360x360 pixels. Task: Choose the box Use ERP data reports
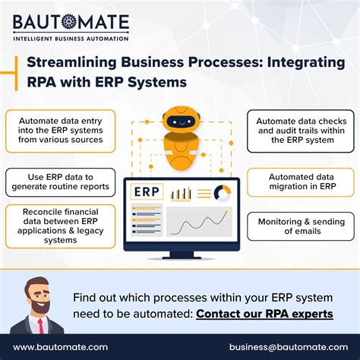[x=59, y=181]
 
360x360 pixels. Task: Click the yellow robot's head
[x=179, y=122]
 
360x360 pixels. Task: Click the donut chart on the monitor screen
[x=223, y=192]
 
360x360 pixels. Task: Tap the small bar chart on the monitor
[x=181, y=194]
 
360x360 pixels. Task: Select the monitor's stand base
[x=180, y=256]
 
